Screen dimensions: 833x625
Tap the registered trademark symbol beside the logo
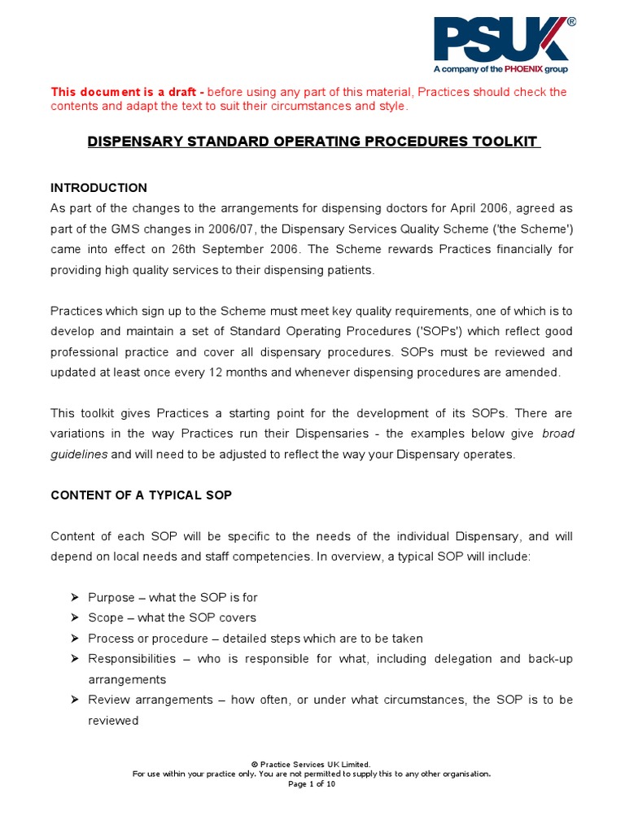point(570,23)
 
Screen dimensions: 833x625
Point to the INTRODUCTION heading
point(98,188)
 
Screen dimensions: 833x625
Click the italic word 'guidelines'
point(79,455)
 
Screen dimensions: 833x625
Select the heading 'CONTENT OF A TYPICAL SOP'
point(141,495)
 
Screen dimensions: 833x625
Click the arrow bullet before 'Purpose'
point(75,598)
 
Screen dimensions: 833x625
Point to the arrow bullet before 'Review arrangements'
point(75,700)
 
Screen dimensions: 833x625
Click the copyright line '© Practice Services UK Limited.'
point(312,764)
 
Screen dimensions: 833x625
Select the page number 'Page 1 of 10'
point(312,784)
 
